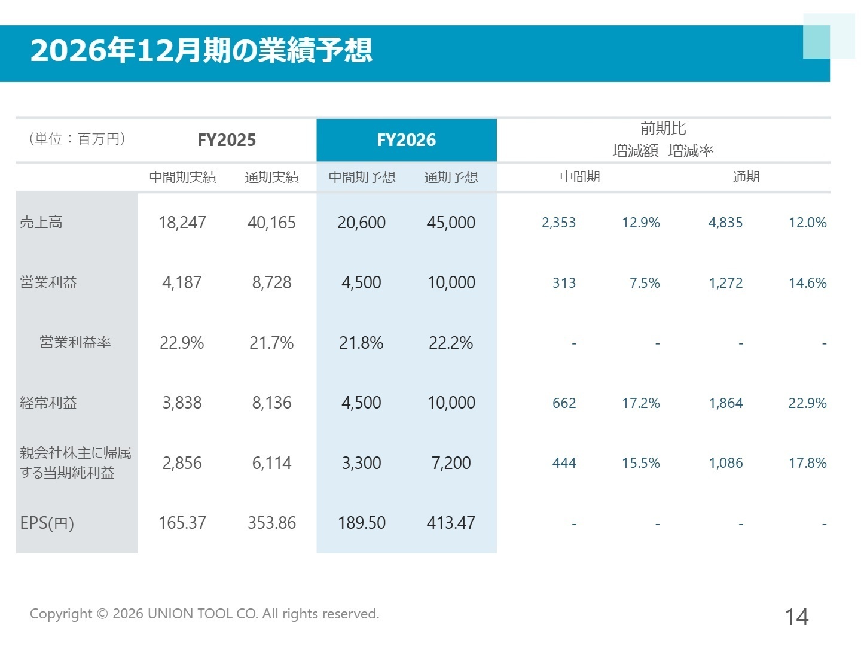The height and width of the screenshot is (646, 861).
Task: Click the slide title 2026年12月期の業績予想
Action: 201,50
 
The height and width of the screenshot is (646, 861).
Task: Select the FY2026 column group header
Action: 406,140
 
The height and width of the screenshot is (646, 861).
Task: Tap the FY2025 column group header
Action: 227,140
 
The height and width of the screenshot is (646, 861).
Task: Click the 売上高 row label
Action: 41,223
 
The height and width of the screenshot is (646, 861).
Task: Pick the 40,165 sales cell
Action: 271,223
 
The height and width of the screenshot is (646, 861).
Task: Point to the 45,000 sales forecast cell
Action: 451,223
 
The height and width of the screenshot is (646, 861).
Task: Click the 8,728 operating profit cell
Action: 271,282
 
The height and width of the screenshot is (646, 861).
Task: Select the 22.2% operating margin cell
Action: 451,343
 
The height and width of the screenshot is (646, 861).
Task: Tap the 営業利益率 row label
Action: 75,342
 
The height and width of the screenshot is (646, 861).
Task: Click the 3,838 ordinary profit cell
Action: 182,403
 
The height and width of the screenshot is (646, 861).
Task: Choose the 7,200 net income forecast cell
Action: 451,463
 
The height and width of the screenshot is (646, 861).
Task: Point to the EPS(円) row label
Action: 47,523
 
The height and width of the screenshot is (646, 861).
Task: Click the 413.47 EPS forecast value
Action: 451,523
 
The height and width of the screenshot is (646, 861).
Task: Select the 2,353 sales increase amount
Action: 558,223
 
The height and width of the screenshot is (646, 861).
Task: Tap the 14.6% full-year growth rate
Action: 807,283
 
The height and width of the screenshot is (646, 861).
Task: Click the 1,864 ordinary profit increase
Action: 726,403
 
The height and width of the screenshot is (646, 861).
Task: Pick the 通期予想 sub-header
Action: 451,177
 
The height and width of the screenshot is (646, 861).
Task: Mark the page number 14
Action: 796,617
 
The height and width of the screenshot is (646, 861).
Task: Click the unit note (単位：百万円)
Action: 77,139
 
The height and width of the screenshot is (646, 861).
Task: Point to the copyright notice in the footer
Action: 204,614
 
